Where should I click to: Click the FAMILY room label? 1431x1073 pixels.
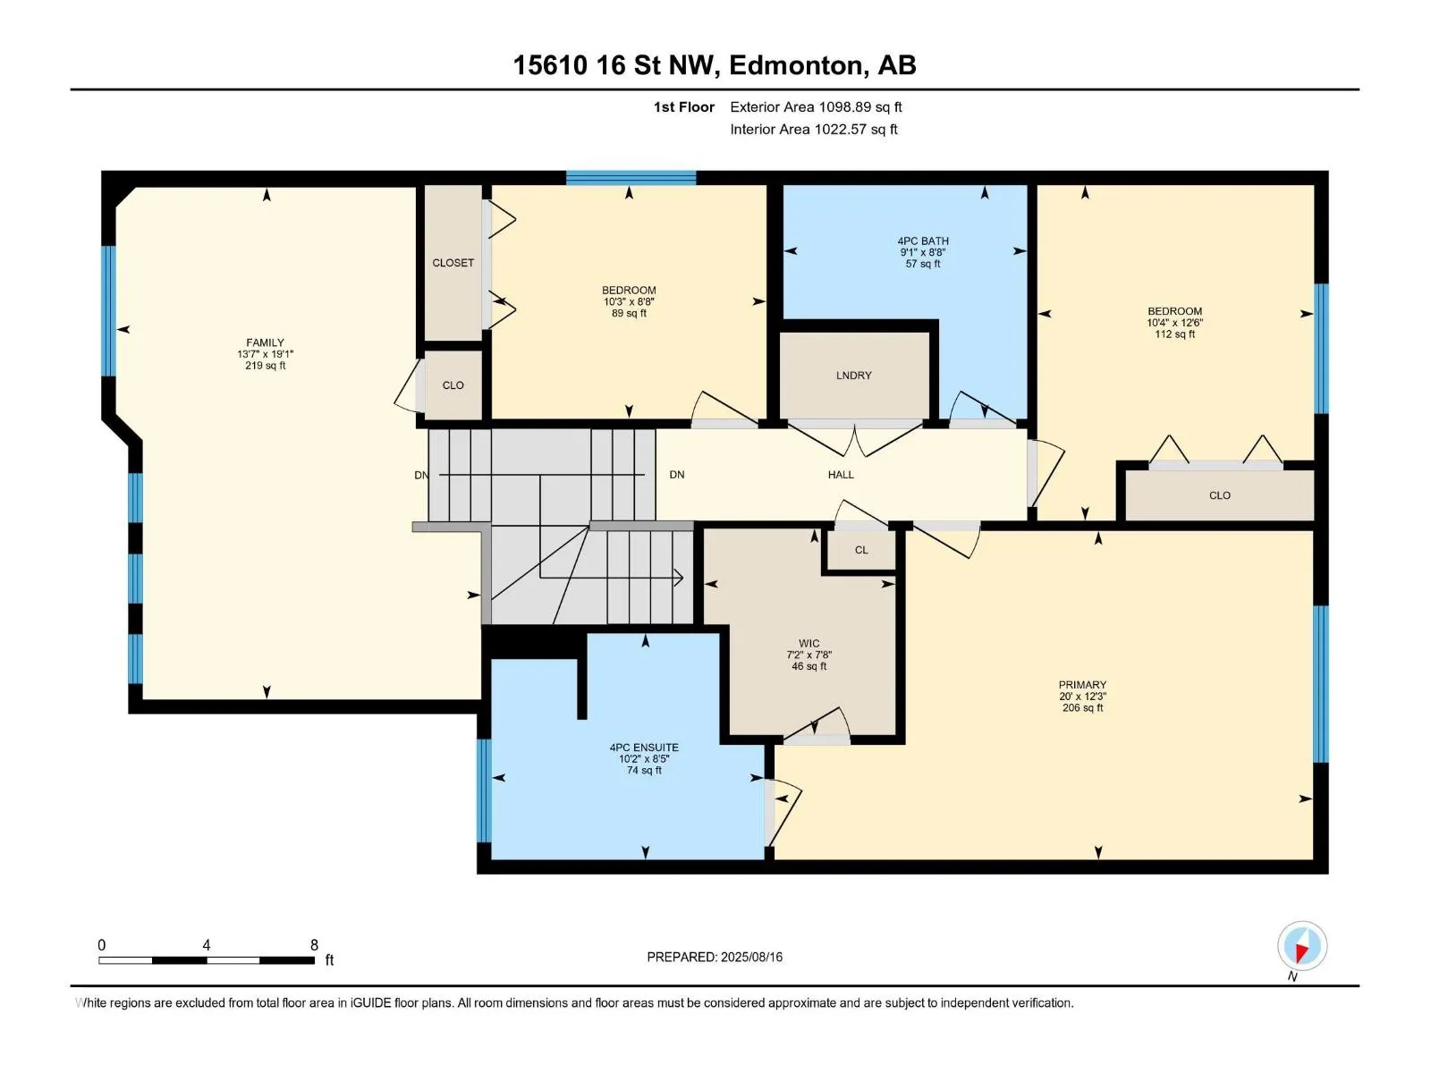[x=265, y=342]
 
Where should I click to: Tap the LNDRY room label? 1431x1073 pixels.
[x=853, y=376]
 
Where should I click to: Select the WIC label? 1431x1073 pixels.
[x=809, y=643]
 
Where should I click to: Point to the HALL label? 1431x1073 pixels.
[x=841, y=474]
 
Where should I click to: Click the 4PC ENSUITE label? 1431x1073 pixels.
[x=643, y=748]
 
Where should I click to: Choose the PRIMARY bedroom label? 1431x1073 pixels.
[x=1082, y=685]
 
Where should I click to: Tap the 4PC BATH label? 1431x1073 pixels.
[x=922, y=241]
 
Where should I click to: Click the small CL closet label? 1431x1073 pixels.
[x=861, y=550]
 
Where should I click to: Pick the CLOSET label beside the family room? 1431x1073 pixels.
[x=453, y=263]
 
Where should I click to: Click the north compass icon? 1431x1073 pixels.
[x=1301, y=946]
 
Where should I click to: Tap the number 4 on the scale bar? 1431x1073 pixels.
[x=206, y=944]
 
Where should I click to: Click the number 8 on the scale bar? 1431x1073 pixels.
[x=314, y=944]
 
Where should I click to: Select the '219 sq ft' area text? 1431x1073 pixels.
[x=265, y=366]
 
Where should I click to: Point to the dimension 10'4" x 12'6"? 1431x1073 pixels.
[x=1174, y=323]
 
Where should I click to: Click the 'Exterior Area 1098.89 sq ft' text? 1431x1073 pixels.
[x=816, y=106]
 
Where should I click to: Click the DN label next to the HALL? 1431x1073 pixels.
[x=677, y=474]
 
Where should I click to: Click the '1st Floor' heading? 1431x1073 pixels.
[x=684, y=106]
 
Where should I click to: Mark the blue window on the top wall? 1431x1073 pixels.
[x=631, y=178]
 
